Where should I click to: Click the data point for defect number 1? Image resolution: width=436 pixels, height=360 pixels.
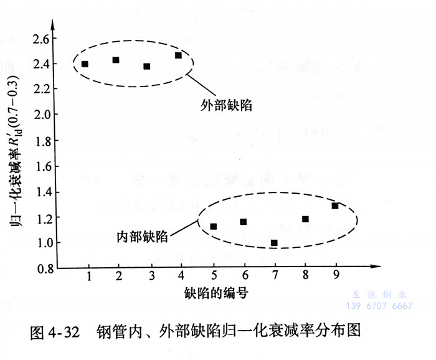click(85, 64)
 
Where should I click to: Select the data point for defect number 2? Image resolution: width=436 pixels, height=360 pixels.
click(116, 60)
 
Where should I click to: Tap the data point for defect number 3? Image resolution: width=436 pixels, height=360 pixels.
click(147, 66)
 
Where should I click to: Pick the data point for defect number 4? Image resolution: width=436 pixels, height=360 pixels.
click(178, 55)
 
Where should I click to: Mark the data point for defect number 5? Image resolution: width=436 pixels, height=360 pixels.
click(213, 226)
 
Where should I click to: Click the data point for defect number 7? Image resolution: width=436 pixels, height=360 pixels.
click(274, 242)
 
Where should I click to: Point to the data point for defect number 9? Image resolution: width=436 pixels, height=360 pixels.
click(335, 206)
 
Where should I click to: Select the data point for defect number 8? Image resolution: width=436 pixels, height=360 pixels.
click(305, 219)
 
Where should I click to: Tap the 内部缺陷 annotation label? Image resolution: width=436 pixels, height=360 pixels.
click(142, 237)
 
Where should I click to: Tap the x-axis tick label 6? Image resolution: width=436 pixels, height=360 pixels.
click(244, 275)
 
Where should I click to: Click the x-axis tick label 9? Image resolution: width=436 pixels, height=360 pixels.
click(336, 275)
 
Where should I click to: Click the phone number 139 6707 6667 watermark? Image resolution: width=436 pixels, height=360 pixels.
click(379, 306)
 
